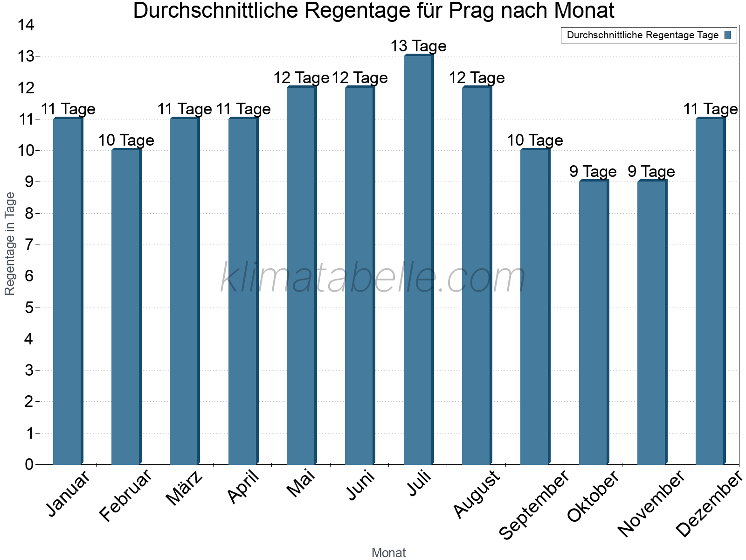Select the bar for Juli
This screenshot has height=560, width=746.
pyautogui.click(x=418, y=261)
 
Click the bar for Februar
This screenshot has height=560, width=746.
pyautogui.click(x=126, y=308)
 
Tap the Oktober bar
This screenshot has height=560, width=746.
pyautogui.click(x=594, y=322)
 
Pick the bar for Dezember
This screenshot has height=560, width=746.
pyautogui.click(x=710, y=292)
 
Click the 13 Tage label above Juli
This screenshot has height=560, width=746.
pyautogui.click(x=418, y=46)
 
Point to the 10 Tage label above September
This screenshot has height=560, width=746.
pyautogui.click(x=535, y=140)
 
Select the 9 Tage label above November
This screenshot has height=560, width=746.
pyautogui.click(x=651, y=171)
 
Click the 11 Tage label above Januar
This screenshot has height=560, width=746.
pyautogui.click(x=68, y=109)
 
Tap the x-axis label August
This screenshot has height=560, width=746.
pyautogui.click(x=477, y=495)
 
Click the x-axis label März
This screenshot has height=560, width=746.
pyautogui.click(x=185, y=489)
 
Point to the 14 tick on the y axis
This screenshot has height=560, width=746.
pyautogui.click(x=26, y=25)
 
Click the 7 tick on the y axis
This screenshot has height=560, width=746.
pyautogui.click(x=29, y=245)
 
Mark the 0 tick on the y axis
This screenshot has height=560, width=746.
pyautogui.click(x=29, y=464)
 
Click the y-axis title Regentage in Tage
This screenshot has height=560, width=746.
pyautogui.click(x=10, y=244)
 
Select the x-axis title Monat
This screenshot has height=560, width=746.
pyautogui.click(x=388, y=553)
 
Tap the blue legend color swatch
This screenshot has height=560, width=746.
pyautogui.click(x=728, y=35)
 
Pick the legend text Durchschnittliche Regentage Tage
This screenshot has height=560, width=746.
pyautogui.click(x=642, y=35)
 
